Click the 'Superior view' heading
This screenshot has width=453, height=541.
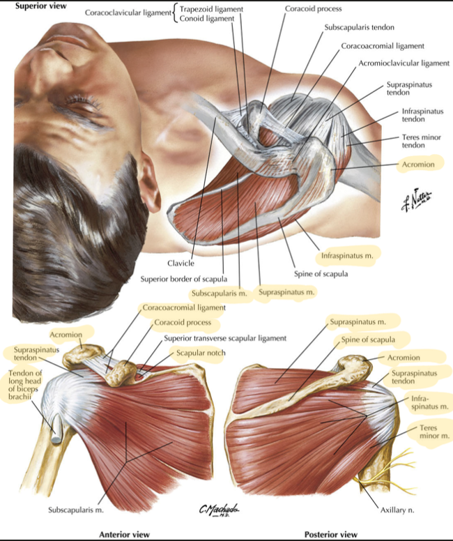(x=40, y=6)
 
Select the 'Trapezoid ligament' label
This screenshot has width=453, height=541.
(x=211, y=9)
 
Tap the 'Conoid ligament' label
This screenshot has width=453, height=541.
(x=207, y=19)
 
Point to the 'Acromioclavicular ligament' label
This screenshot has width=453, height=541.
(x=404, y=63)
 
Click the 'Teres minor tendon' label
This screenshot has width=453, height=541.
(x=421, y=141)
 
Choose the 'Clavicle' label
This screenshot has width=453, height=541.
(x=181, y=264)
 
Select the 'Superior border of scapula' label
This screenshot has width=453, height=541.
(x=183, y=279)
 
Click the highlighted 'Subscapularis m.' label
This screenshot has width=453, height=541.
(x=220, y=294)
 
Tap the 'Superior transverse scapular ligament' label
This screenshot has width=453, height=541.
(x=225, y=338)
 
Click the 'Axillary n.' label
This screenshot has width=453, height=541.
(x=397, y=510)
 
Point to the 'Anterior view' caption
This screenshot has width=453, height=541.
(x=124, y=535)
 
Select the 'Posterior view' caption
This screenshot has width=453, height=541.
(x=331, y=535)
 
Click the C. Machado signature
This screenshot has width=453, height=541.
(x=219, y=510)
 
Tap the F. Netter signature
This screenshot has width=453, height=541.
(x=417, y=199)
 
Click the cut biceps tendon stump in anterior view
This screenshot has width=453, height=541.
(x=56, y=432)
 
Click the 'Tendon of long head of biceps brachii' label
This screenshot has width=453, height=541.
(x=25, y=385)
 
